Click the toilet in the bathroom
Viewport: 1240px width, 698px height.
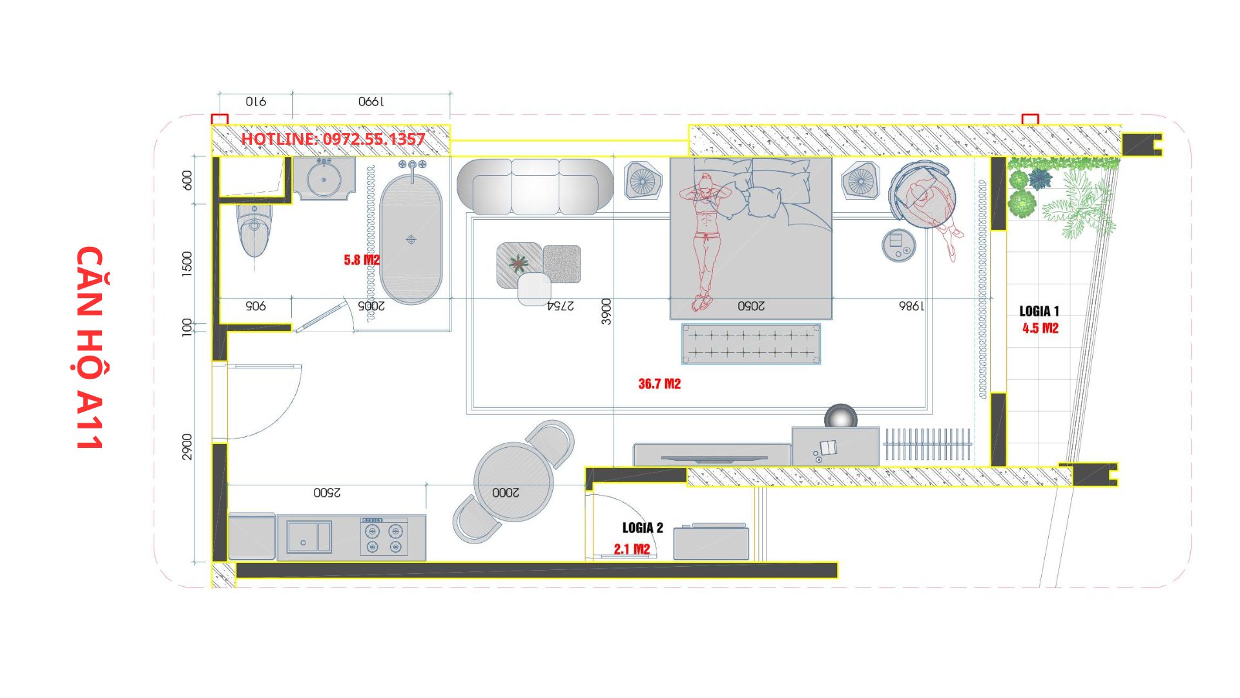[x=254, y=229]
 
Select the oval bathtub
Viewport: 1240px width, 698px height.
[x=411, y=239]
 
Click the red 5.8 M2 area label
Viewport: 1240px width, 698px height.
[x=362, y=260]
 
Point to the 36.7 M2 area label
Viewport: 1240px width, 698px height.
[x=659, y=384]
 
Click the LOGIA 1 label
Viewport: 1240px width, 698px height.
[x=1039, y=311]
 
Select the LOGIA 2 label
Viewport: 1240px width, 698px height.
[x=643, y=528]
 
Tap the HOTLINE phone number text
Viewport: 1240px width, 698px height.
[x=333, y=139]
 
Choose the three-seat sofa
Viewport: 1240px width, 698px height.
[x=535, y=186]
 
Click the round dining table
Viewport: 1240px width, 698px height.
[x=513, y=481]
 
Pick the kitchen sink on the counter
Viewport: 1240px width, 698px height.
[x=309, y=537]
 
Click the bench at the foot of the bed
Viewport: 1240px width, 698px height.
[x=750, y=344]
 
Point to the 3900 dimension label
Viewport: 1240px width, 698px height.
[x=606, y=312]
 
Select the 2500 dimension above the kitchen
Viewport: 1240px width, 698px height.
[x=327, y=492]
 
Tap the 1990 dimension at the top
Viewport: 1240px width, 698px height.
[x=371, y=101]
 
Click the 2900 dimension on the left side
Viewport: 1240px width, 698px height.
[x=187, y=447]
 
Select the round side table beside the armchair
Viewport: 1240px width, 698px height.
[x=899, y=245]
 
